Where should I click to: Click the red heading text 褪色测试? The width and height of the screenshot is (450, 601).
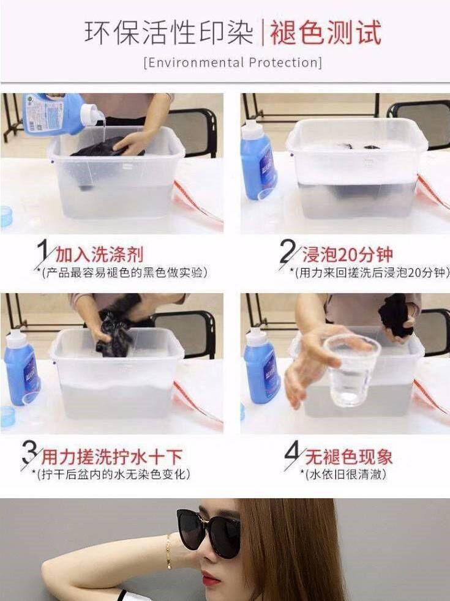[x=326, y=33]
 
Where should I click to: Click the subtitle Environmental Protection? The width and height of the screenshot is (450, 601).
[x=233, y=62]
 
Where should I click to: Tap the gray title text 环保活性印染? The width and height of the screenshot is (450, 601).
[x=168, y=33]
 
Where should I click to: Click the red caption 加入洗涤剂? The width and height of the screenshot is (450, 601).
[x=100, y=255]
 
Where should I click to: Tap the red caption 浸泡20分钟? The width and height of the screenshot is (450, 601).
[x=348, y=255]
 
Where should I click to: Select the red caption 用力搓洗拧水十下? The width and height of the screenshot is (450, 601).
[x=112, y=457]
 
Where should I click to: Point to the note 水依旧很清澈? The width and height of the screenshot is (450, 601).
[x=345, y=474]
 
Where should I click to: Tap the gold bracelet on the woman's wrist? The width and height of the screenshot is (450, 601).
[x=168, y=552]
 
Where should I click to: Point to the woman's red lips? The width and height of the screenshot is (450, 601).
[x=209, y=578]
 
